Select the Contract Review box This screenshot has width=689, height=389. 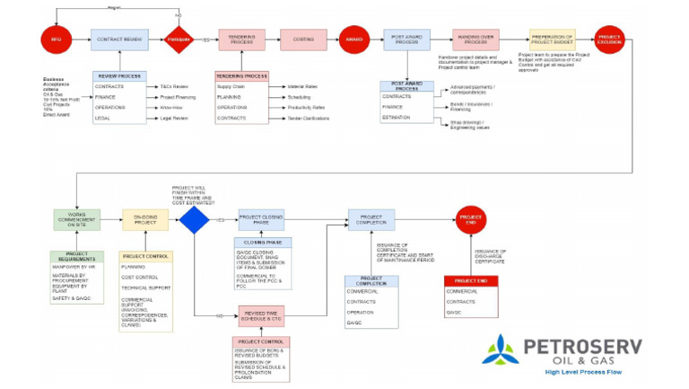click(119, 40)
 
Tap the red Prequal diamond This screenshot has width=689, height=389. click(179, 40)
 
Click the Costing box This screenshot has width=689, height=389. click(302, 40)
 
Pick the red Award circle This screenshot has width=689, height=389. click(353, 40)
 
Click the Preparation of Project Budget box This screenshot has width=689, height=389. click(553, 40)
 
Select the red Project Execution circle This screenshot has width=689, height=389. click(610, 40)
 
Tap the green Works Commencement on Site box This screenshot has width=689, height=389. click(76, 220)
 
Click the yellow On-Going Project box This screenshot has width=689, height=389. click(144, 220)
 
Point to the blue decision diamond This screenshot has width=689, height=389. click(194, 220)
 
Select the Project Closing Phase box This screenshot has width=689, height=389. click(261, 220)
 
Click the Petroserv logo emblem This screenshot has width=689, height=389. click(500, 349)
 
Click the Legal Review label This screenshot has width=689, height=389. click(174, 119)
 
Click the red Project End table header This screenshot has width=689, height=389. click(471, 281)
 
